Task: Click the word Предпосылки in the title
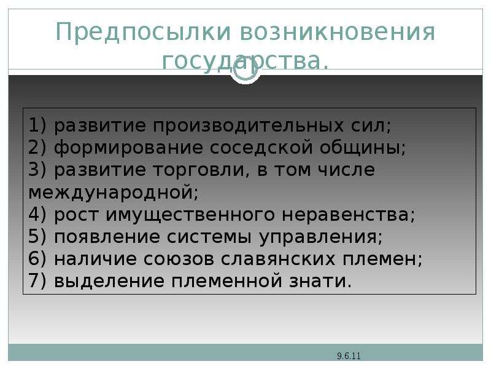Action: (x=144, y=33)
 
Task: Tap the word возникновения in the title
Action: (x=338, y=32)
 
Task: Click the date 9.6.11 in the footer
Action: (x=349, y=356)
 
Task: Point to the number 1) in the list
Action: (x=37, y=125)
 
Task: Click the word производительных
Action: (x=248, y=126)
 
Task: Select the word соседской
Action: (x=261, y=148)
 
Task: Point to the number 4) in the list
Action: (x=37, y=214)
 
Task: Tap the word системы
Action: (x=209, y=237)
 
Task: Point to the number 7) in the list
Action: (x=37, y=281)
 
